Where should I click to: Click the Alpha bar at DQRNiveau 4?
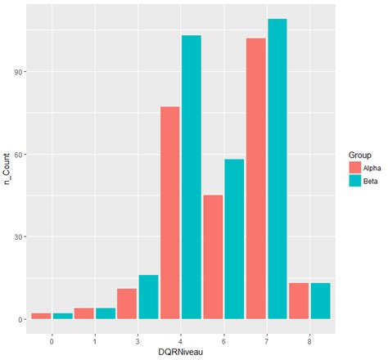pyautogui.click(x=170, y=213)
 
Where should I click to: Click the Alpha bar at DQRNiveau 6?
pyautogui.click(x=213, y=257)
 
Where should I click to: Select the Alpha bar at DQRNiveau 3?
pyautogui.click(x=127, y=304)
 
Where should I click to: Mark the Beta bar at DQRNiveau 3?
pyautogui.click(x=148, y=297)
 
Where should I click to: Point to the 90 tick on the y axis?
pyautogui.click(x=19, y=71)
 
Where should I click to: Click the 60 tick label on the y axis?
pyautogui.click(x=19, y=154)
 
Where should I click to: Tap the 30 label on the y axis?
pyautogui.click(x=19, y=236)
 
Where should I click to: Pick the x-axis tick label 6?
pyautogui.click(x=223, y=335)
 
